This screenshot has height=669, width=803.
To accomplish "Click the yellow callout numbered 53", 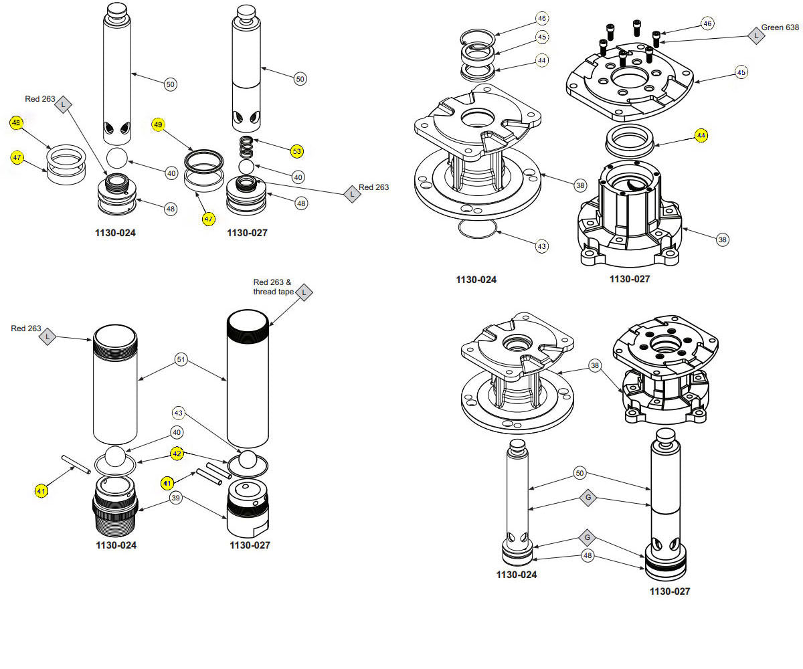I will (x=296, y=151).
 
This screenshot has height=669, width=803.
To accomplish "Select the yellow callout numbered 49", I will (x=158, y=124).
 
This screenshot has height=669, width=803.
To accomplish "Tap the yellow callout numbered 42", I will (x=177, y=453).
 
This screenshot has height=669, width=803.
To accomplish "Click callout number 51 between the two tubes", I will (x=181, y=359).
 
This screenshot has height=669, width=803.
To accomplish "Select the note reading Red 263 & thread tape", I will (x=272, y=286).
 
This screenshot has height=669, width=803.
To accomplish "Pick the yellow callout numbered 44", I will (x=701, y=135).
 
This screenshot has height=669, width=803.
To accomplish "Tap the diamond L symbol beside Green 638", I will (x=756, y=35).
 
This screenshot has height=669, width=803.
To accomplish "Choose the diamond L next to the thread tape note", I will (x=304, y=292).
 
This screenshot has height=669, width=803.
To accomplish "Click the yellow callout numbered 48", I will (x=16, y=122).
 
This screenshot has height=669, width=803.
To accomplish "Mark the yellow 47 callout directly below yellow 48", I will (x=16, y=157).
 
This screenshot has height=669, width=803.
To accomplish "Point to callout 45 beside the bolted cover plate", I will (x=741, y=72).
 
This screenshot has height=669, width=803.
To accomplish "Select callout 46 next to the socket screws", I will (x=707, y=23).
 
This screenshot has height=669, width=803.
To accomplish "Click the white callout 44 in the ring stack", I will (x=542, y=60).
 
